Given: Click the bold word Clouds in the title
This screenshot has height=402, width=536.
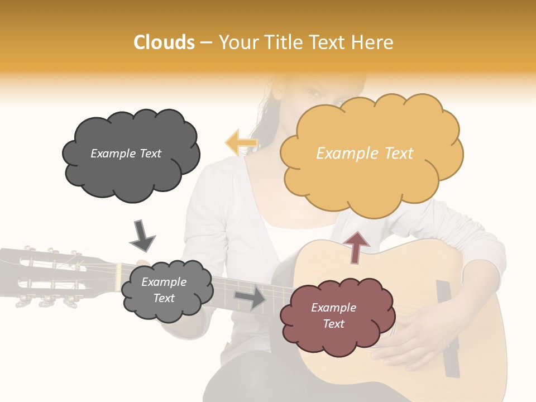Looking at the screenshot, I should pos(164,42).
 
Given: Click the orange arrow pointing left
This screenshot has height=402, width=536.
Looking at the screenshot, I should pos(241,142).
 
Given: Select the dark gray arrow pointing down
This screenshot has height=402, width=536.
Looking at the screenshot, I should pos(142,236).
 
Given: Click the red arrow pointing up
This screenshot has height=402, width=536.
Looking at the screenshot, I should pos(356,246).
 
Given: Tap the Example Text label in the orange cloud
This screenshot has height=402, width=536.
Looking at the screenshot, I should pos(365,154).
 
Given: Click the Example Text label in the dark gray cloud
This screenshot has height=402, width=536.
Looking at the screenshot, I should pos(126,154).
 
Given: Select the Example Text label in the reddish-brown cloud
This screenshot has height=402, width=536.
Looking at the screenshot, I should pos(333,315).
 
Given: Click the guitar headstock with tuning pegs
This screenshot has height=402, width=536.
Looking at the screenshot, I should pos(50,276).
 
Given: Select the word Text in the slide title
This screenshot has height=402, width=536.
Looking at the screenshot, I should pos(328,42).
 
